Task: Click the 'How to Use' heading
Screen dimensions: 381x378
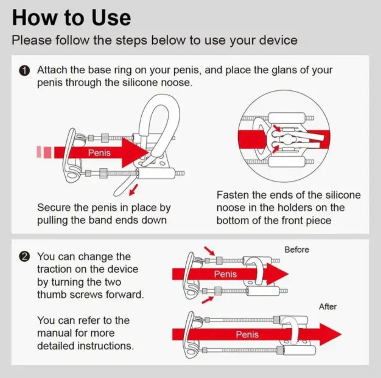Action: click(71, 18)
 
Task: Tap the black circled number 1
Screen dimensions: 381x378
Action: click(24, 71)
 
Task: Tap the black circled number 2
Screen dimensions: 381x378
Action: click(24, 257)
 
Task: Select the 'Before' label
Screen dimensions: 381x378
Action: click(297, 250)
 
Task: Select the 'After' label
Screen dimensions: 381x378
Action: click(328, 307)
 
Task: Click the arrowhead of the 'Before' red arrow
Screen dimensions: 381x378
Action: click(277, 274)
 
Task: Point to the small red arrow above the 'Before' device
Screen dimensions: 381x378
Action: click(210, 251)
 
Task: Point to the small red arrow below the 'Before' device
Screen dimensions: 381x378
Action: click(208, 300)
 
